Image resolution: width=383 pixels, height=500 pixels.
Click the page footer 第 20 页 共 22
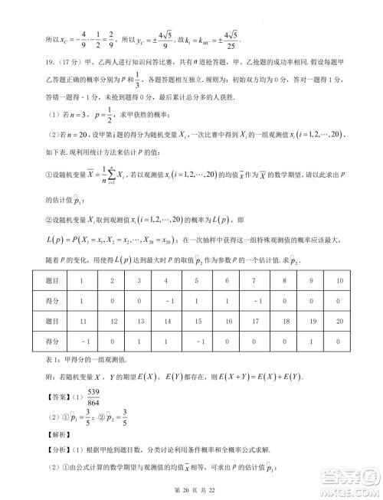coord(191,488)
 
